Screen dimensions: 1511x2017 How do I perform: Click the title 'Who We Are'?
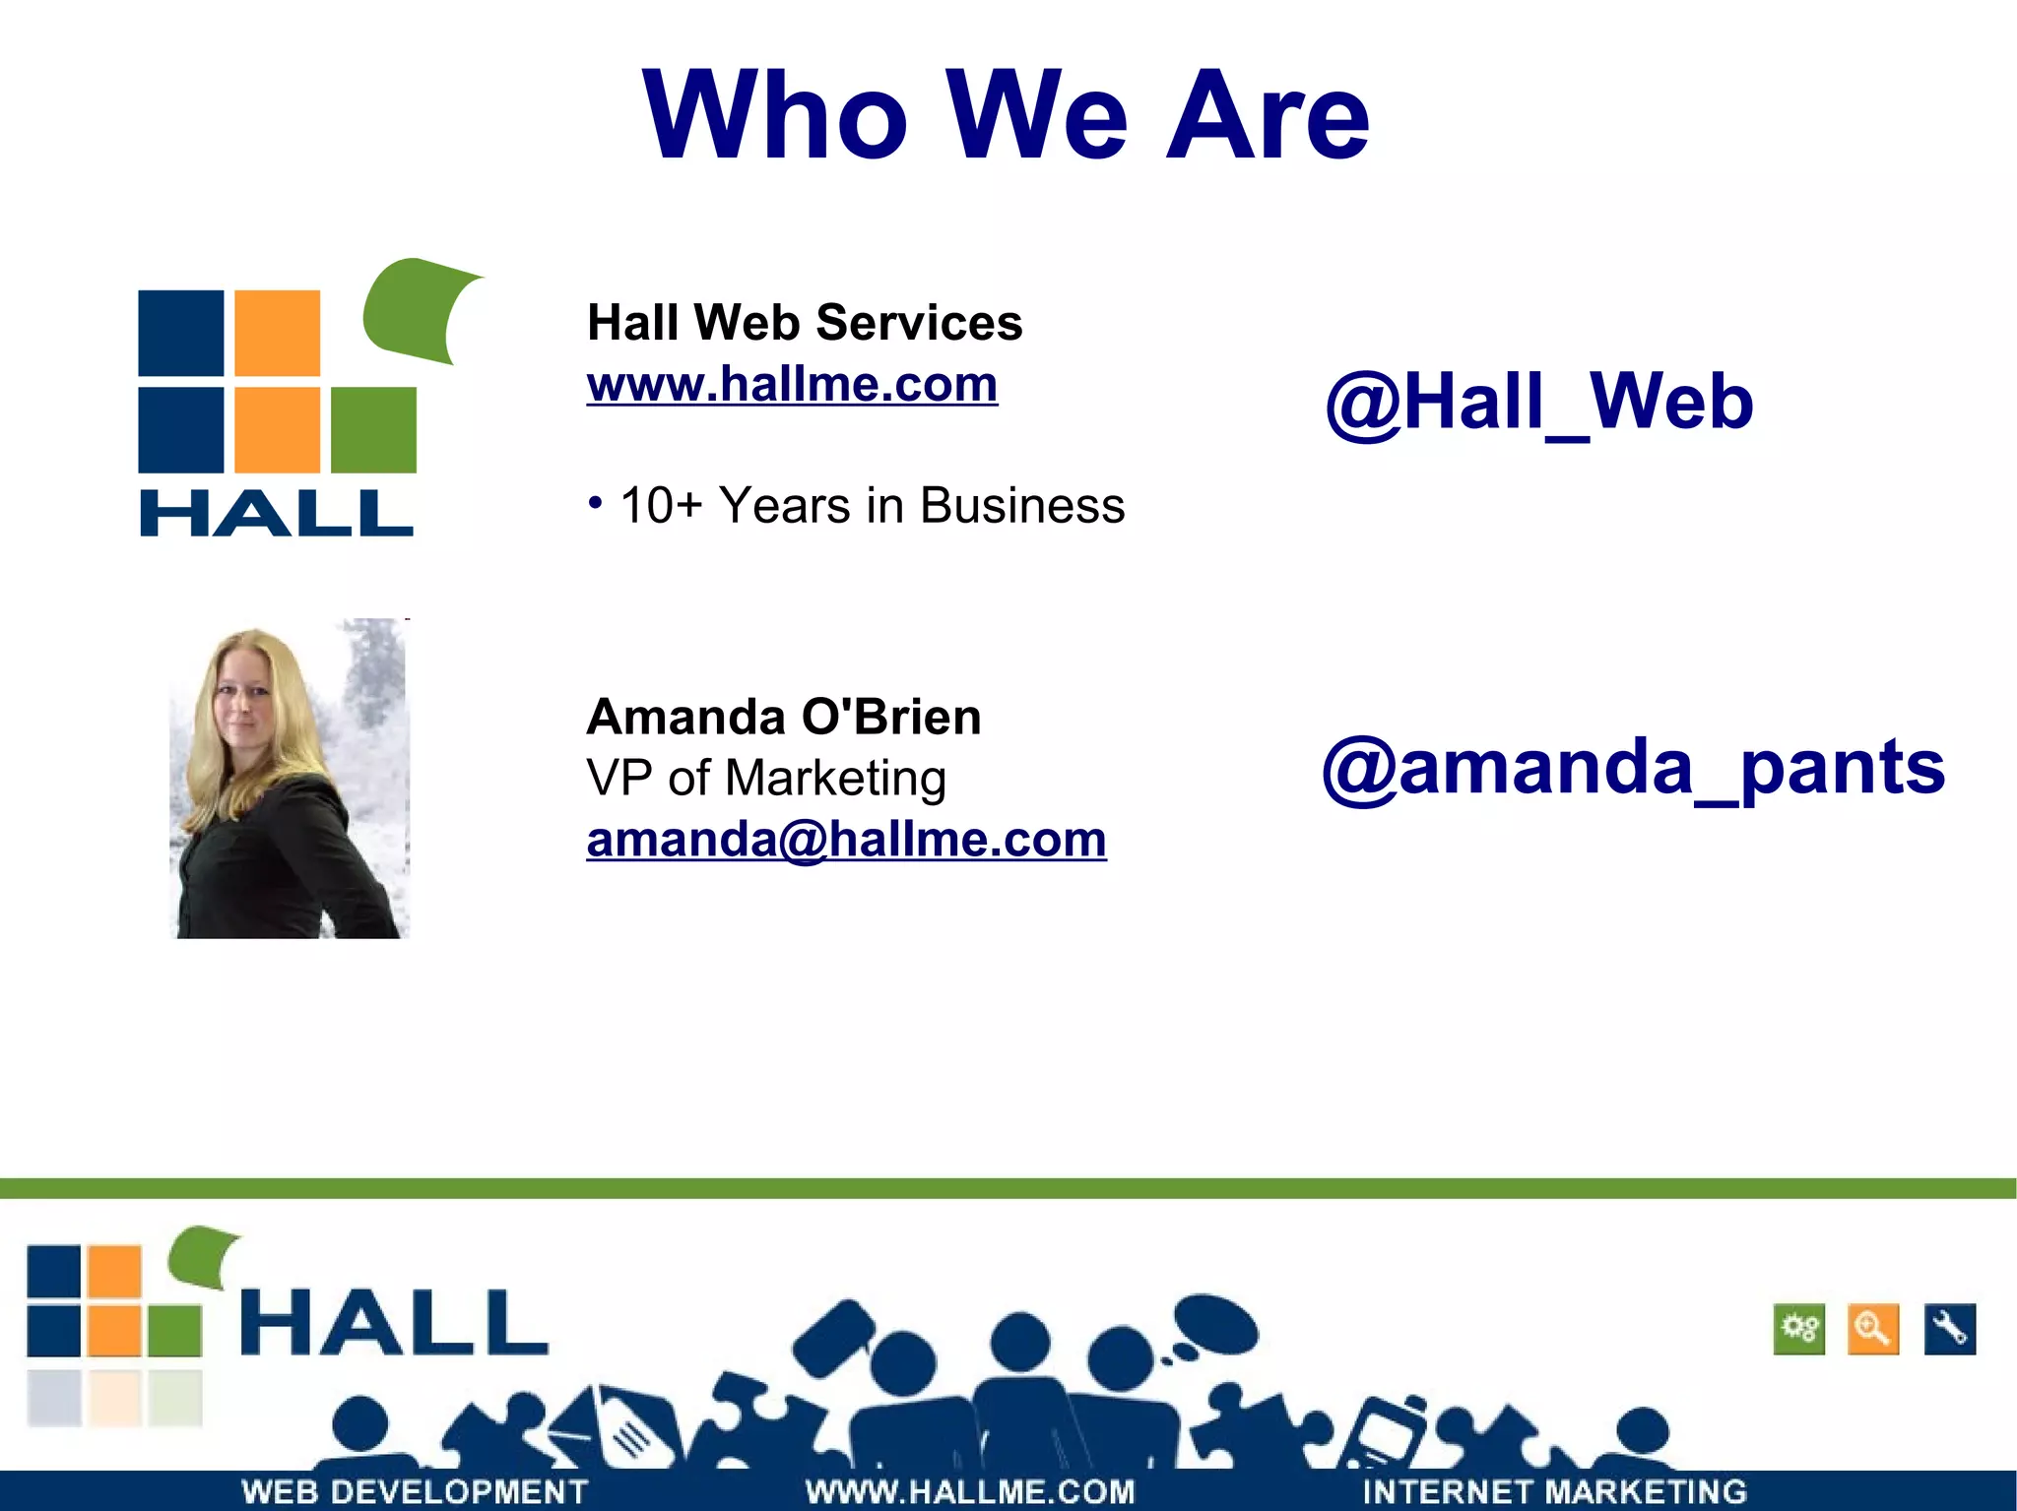tap(1006, 115)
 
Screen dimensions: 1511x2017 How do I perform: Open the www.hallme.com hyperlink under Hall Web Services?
tap(792, 384)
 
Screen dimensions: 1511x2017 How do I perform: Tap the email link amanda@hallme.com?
tap(846, 840)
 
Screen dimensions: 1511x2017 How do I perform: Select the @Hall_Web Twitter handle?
tap(1539, 403)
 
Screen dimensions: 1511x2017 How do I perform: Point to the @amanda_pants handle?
tap(1633, 767)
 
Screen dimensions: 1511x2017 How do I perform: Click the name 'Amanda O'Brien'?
tap(784, 717)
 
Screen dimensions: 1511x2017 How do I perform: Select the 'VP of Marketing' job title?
tap(766, 778)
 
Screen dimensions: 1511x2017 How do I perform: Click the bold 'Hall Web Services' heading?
tap(805, 323)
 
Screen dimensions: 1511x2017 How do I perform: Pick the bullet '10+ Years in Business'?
tap(872, 506)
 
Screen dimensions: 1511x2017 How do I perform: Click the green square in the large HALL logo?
tap(373, 430)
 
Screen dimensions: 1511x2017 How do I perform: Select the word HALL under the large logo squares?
tap(276, 513)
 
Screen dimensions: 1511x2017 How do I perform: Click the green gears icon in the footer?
tap(1799, 1329)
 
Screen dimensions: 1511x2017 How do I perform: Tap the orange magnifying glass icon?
tap(1872, 1329)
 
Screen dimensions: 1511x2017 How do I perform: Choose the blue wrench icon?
tap(1950, 1329)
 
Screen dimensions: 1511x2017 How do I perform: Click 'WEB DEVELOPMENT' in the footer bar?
tap(415, 1491)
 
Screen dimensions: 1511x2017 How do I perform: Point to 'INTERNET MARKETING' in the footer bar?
tap(1554, 1491)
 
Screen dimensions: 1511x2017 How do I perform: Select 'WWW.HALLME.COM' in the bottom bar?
tap(970, 1491)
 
